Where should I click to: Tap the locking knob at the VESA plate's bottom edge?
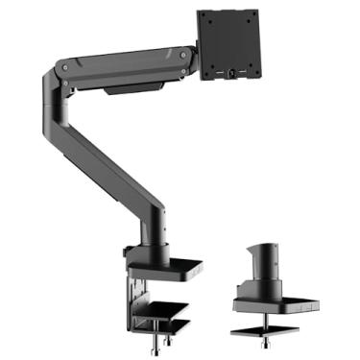click(x=231, y=73)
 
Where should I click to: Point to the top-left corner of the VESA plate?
click(x=199, y=12)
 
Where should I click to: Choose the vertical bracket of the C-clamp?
click(x=134, y=293)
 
